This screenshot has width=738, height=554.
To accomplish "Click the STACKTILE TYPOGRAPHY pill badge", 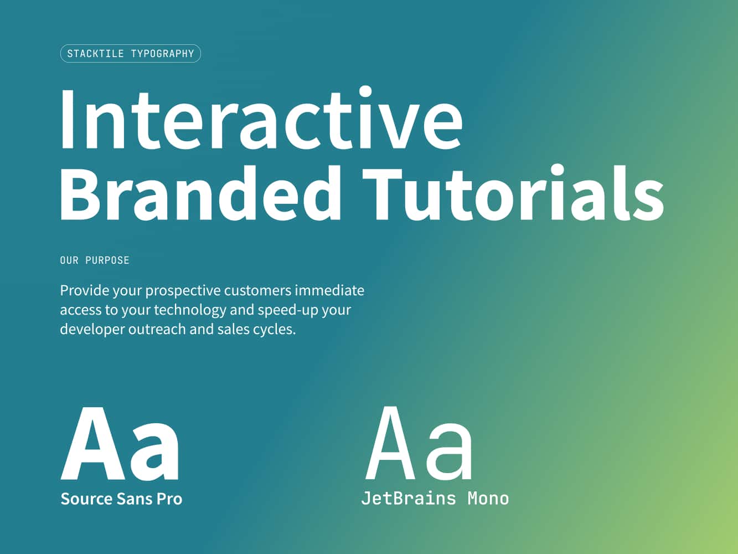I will point(130,54).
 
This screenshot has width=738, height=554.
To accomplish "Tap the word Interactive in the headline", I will point(261,119).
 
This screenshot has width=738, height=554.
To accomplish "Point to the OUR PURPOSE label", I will point(95,260).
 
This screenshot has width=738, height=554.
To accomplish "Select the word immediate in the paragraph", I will point(329,290).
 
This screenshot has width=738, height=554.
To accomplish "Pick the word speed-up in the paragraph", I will point(287,310).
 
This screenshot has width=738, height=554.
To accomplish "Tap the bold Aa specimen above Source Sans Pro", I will point(120,444).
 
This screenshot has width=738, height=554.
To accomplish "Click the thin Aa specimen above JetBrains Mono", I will point(420,444).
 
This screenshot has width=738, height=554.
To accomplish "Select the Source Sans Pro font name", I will point(121,499).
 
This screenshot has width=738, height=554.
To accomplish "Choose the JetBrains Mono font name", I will point(435,499).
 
